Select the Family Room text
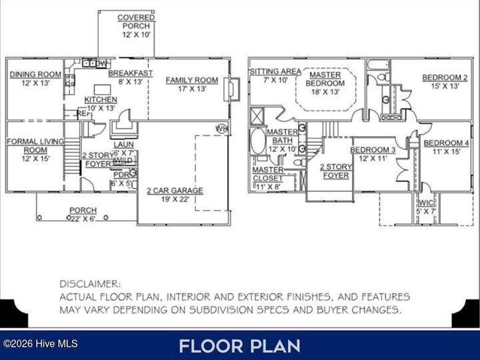coord(191,84)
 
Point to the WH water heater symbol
coord(221,128)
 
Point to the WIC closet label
coord(426,207)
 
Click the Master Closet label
coord(269,174)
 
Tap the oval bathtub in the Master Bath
coord(258,141)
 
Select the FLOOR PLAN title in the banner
coord(239,345)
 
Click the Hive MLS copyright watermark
coord(40,344)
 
